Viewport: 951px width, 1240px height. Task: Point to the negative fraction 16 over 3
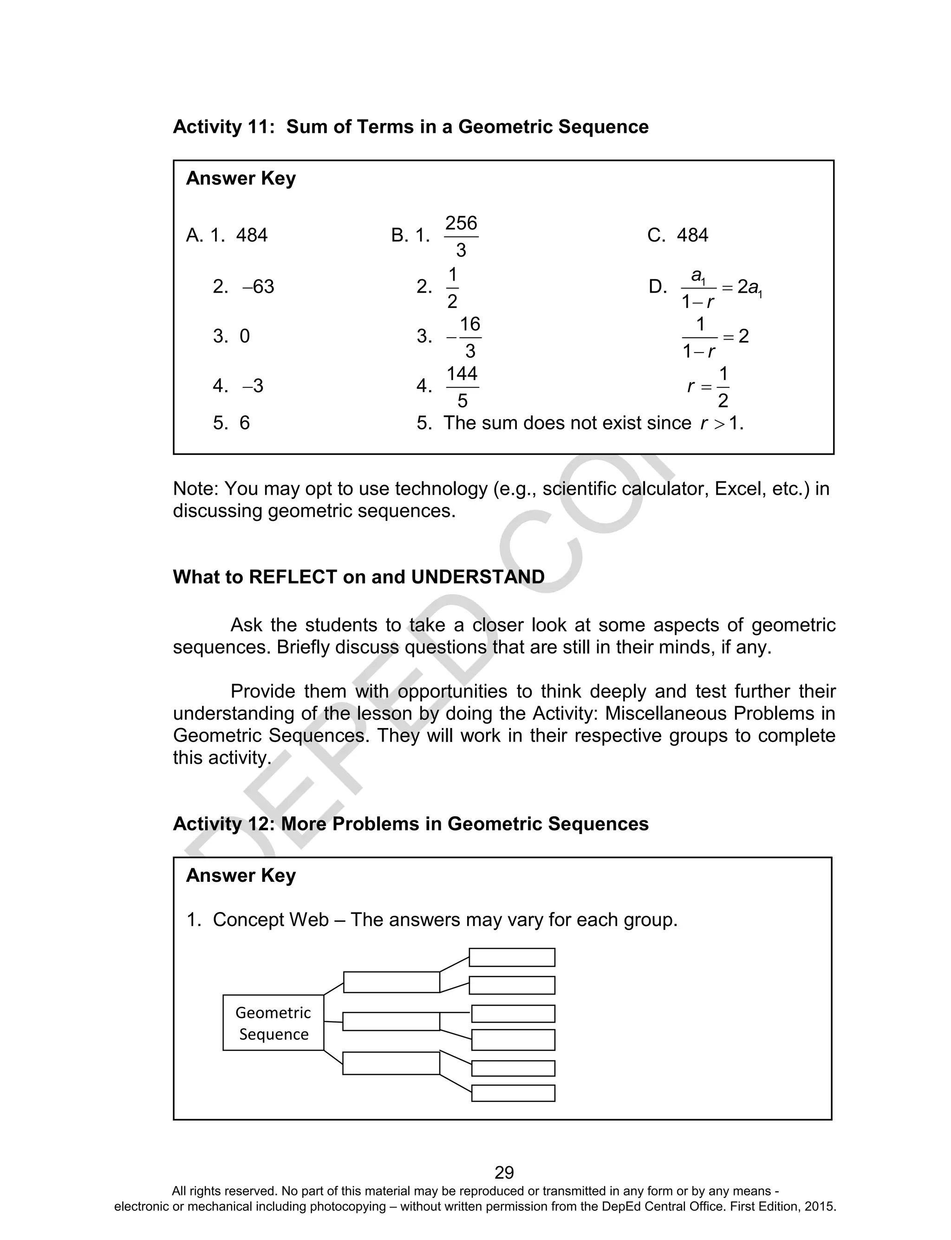pos(464,337)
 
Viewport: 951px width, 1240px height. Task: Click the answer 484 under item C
pos(692,236)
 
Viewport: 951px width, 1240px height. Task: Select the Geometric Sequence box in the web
pos(274,1023)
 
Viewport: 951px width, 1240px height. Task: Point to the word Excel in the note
pos(738,489)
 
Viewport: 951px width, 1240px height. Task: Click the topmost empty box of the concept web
pos(512,957)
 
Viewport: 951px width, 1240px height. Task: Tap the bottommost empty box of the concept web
pos(513,1093)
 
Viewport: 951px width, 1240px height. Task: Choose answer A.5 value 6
pos(245,423)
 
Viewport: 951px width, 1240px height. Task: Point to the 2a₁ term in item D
pos(750,288)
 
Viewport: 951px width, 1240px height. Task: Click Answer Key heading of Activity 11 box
pos(241,178)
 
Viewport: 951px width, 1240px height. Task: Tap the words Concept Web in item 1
pos(271,920)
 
